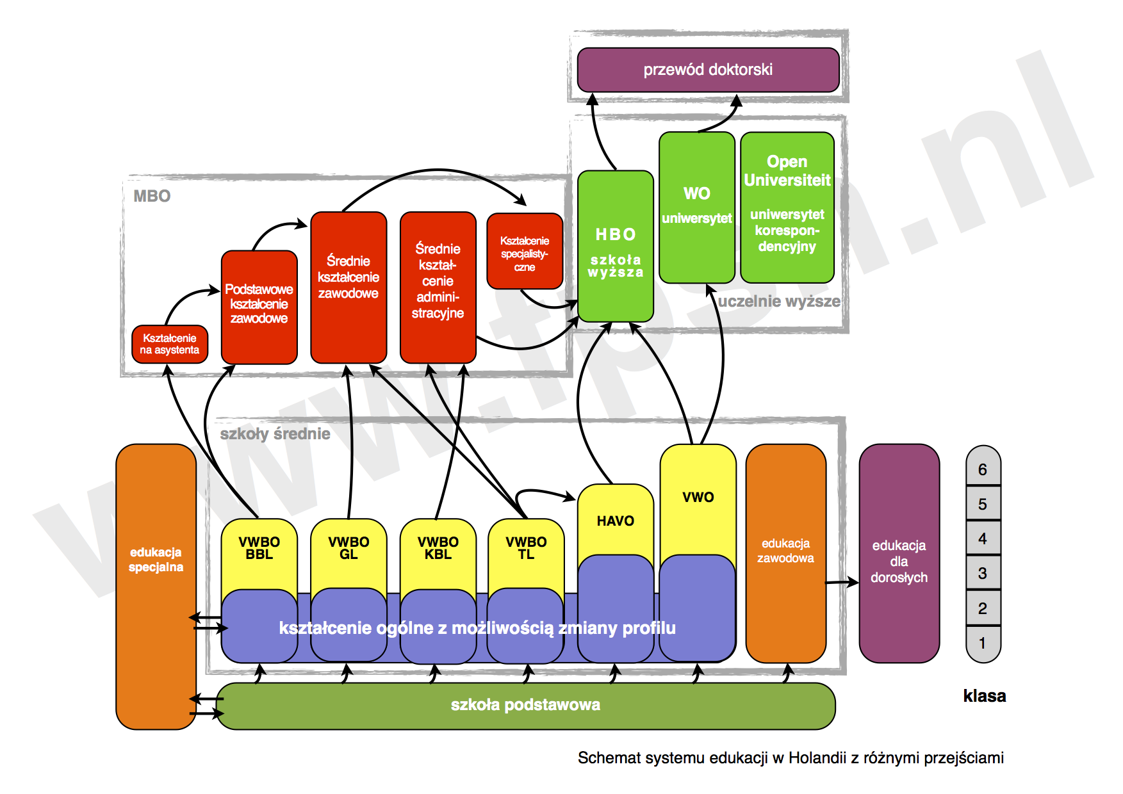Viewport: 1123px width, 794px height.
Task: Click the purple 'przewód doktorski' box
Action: click(x=708, y=70)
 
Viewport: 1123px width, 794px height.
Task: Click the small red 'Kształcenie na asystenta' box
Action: click(x=170, y=344)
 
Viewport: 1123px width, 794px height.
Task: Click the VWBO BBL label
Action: click(x=259, y=548)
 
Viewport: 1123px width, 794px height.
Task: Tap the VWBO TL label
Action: click(x=526, y=548)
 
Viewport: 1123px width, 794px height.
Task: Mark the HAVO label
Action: click(x=615, y=521)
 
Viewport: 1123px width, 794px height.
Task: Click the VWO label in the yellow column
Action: click(x=698, y=497)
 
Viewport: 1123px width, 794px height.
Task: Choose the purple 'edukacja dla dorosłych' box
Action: click(x=899, y=561)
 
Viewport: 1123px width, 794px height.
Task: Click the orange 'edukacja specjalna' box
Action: click(x=156, y=560)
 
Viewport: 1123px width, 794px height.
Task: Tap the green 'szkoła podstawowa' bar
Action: click(x=525, y=705)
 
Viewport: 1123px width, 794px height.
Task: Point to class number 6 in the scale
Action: click(x=983, y=469)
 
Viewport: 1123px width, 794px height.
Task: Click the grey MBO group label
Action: click(x=152, y=196)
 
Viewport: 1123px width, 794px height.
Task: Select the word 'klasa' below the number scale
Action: click(x=984, y=696)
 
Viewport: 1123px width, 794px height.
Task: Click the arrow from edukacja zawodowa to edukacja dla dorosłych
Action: click(x=842, y=582)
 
